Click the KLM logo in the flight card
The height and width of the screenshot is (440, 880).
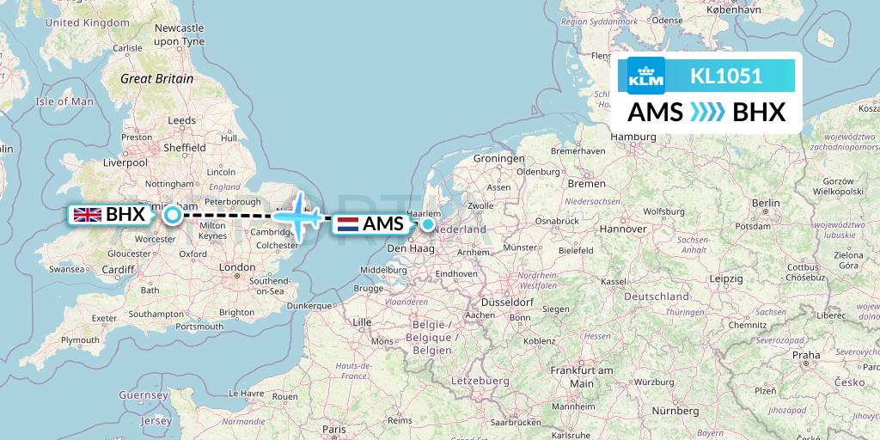[646, 76]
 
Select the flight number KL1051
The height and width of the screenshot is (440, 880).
[726, 76]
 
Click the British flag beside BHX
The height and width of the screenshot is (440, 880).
[88, 215]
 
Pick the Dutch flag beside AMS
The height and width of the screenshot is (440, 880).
[347, 224]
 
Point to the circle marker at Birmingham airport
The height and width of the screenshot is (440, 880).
[173, 215]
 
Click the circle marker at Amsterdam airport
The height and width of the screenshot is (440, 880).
[427, 224]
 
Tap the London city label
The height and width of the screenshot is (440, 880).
[237, 267]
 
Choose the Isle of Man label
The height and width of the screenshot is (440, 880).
[64, 101]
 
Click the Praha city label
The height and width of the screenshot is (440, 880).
[806, 354]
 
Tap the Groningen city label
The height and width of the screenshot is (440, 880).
[499, 159]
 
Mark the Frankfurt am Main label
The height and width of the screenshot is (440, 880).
[582, 376]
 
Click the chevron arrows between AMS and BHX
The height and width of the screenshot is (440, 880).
[708, 113]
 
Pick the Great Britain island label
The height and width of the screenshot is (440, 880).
[156, 78]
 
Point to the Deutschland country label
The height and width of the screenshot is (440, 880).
[657, 296]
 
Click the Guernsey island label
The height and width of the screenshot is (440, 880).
[143, 394]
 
